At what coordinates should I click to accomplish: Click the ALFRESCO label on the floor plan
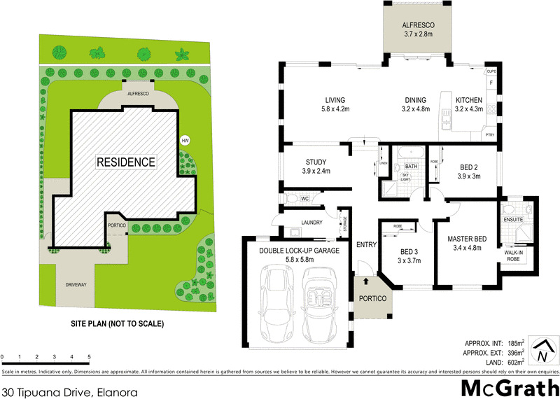click(419, 24)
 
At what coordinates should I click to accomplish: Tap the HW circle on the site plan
click(185, 140)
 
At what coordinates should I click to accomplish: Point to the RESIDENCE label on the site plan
click(126, 162)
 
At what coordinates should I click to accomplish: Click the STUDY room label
click(307, 162)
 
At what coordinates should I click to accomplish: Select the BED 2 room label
click(470, 167)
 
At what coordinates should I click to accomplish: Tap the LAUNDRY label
click(311, 223)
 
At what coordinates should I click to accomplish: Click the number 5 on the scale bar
click(90, 357)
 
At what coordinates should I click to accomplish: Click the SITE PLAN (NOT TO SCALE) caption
click(117, 324)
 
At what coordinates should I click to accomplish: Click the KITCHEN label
click(469, 99)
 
